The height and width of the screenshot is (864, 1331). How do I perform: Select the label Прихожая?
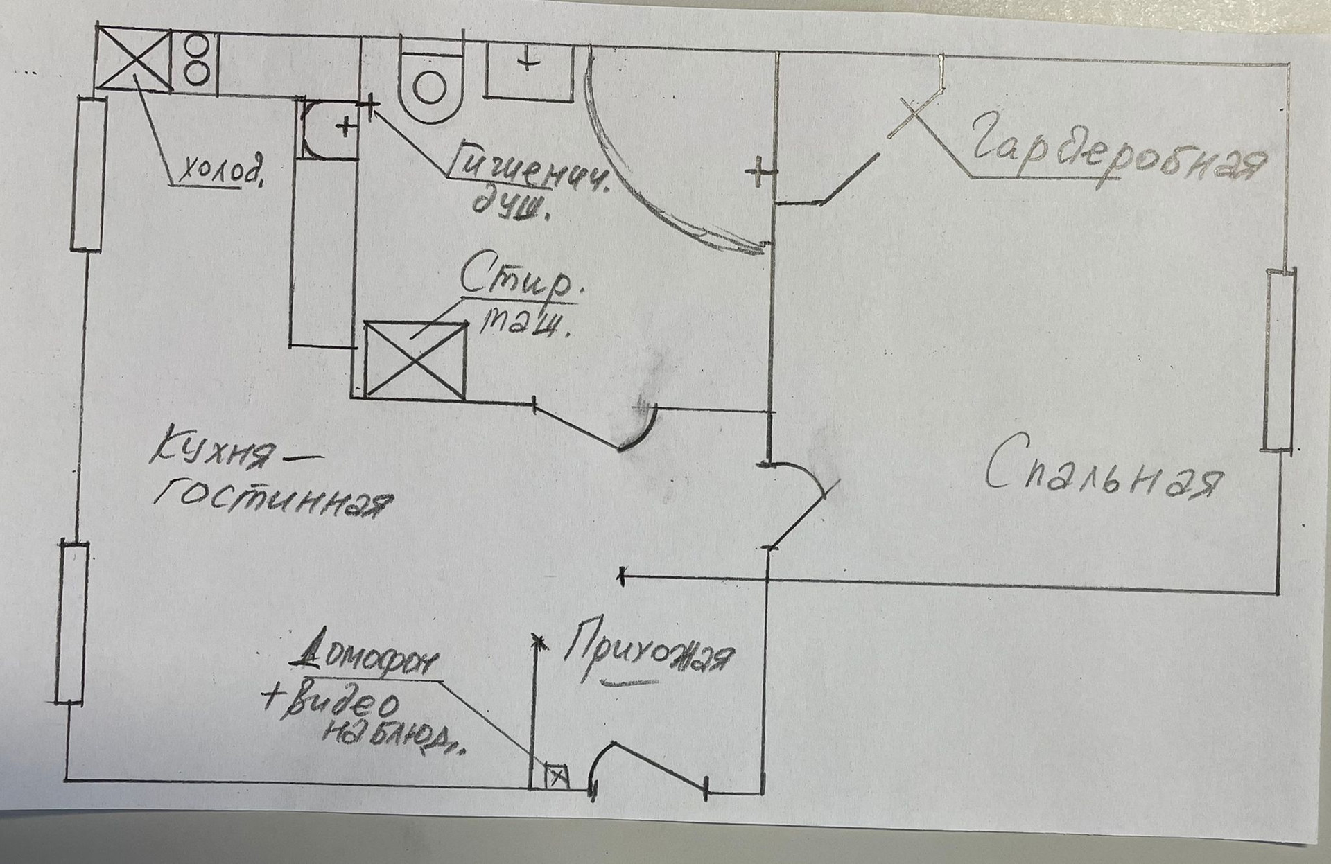click(648, 655)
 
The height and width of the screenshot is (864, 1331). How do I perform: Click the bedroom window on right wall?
click(1279, 360)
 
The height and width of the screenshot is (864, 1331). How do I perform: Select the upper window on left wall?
click(89, 173)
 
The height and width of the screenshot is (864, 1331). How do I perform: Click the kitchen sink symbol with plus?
click(331, 128)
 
